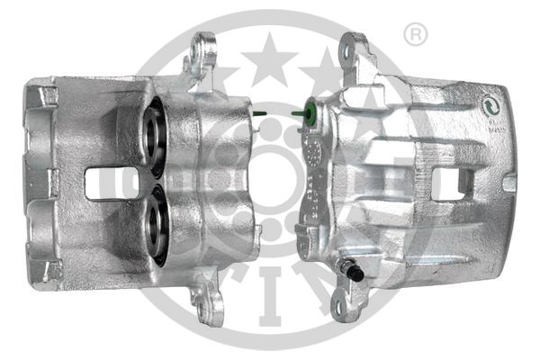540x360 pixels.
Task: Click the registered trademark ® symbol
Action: coord(415,35)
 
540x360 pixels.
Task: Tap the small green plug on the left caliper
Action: coord(258,113)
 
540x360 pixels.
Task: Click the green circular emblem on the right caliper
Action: coord(491,104)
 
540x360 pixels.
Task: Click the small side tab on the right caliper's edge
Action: coord(509,184)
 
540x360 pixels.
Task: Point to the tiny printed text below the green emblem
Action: coord(494,122)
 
